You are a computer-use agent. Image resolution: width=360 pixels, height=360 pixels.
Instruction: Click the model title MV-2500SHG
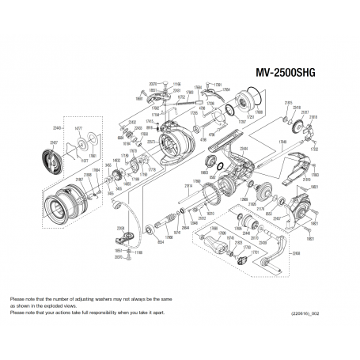coord(283,71)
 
